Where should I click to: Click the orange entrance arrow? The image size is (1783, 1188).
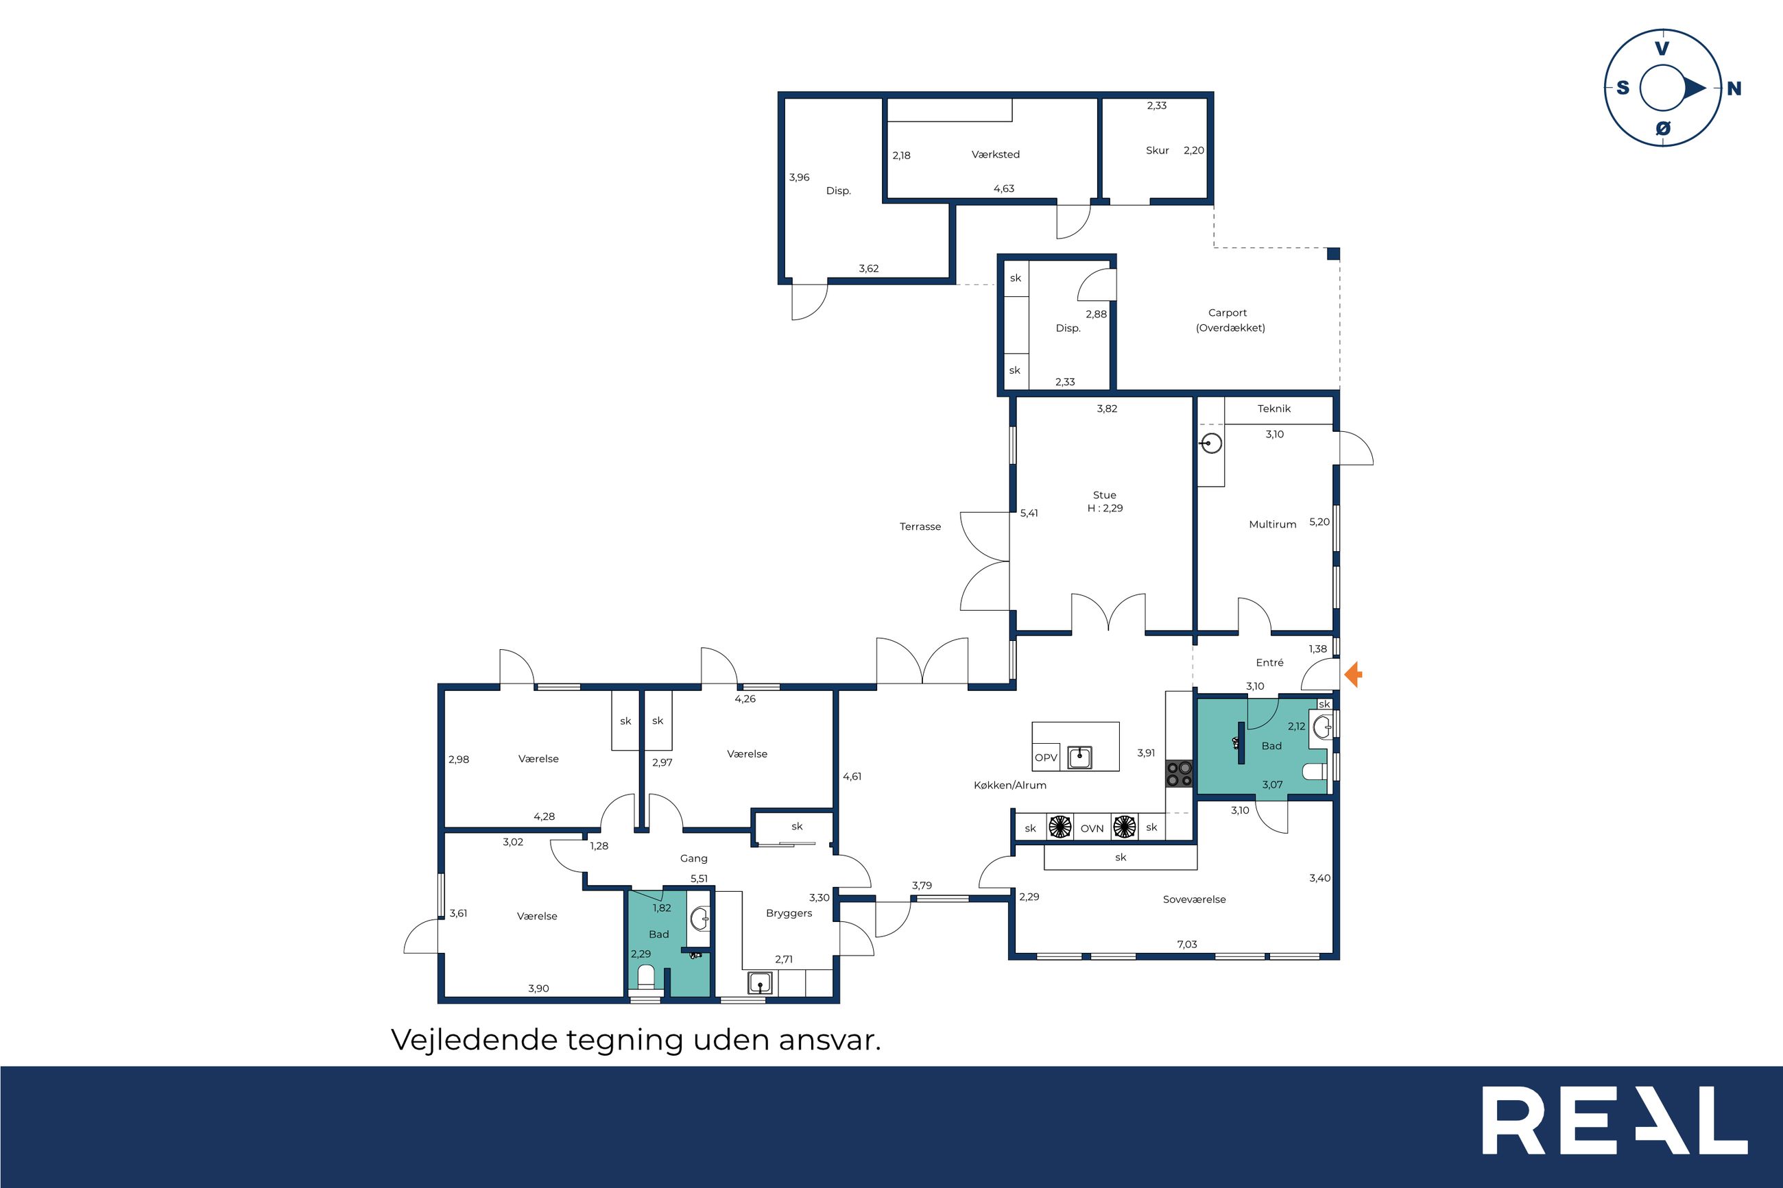click(x=1353, y=675)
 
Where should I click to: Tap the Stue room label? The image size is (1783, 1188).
click(x=1104, y=495)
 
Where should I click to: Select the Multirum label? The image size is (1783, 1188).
click(x=1272, y=524)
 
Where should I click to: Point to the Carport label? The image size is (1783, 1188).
click(x=1228, y=313)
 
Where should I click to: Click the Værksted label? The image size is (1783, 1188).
click(x=996, y=154)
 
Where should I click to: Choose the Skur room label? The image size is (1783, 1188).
click(x=1157, y=151)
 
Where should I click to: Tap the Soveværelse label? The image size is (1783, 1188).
click(x=1194, y=899)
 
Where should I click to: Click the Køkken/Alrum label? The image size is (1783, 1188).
click(x=1010, y=785)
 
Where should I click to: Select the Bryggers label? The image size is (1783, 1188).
click(x=789, y=914)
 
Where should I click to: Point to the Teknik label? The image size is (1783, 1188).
click(x=1273, y=409)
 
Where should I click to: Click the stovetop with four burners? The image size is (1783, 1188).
click(x=1179, y=773)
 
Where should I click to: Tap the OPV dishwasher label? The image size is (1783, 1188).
click(x=1046, y=757)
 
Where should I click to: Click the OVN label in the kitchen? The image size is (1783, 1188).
click(x=1092, y=829)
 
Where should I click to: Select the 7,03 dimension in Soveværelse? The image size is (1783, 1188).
click(x=1186, y=944)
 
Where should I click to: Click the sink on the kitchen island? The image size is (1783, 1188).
click(x=1079, y=757)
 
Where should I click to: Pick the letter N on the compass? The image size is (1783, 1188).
click(x=1734, y=88)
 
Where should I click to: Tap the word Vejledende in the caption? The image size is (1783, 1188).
click(x=475, y=1039)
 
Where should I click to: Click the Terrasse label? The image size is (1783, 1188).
click(x=920, y=526)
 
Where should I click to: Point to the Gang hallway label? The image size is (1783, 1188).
click(x=693, y=858)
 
